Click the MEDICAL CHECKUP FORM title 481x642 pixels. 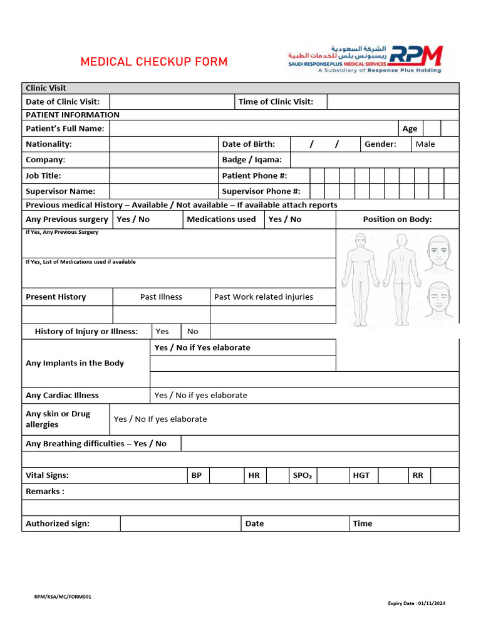click(154, 62)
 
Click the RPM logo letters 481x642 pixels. click(416, 56)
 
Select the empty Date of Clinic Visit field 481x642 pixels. click(172, 102)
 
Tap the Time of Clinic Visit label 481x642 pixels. click(276, 102)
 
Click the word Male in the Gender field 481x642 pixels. click(425, 144)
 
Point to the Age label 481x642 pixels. click(410, 129)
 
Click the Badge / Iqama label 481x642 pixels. click(252, 160)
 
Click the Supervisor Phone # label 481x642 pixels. click(261, 191)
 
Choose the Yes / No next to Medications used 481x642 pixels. click(284, 219)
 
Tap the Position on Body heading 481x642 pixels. click(397, 219)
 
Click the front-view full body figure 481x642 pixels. click(360, 279)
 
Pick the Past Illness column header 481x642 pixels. click(161, 297)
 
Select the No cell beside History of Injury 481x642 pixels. click(193, 332)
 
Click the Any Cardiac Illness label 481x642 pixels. click(62, 396)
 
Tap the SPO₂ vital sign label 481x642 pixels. click(302, 476)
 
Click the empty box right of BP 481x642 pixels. click(225, 476)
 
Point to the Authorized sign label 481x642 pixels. click(58, 524)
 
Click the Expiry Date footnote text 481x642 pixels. click(416, 604)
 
